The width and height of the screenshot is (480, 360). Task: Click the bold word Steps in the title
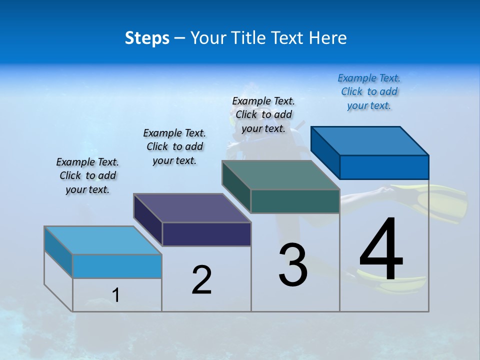[147, 38]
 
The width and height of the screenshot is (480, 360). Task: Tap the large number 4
[381, 250]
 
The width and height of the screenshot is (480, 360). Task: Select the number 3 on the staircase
[293, 265]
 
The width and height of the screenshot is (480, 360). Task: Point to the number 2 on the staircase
[201, 280]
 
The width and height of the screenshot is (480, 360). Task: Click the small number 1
[115, 295]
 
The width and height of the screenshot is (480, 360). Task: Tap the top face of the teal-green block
[281, 175]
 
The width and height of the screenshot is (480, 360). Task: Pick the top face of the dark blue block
[370, 140]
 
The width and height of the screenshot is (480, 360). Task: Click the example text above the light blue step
[87, 175]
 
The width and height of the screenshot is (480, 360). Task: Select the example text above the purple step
[174, 146]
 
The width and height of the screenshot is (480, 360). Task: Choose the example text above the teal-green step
[263, 114]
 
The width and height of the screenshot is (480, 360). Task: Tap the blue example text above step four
[369, 91]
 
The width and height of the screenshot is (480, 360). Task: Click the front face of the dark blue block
[384, 167]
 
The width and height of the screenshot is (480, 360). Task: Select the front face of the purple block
[206, 234]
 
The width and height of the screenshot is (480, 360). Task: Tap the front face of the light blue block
[117, 266]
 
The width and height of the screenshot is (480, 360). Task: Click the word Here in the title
[328, 38]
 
